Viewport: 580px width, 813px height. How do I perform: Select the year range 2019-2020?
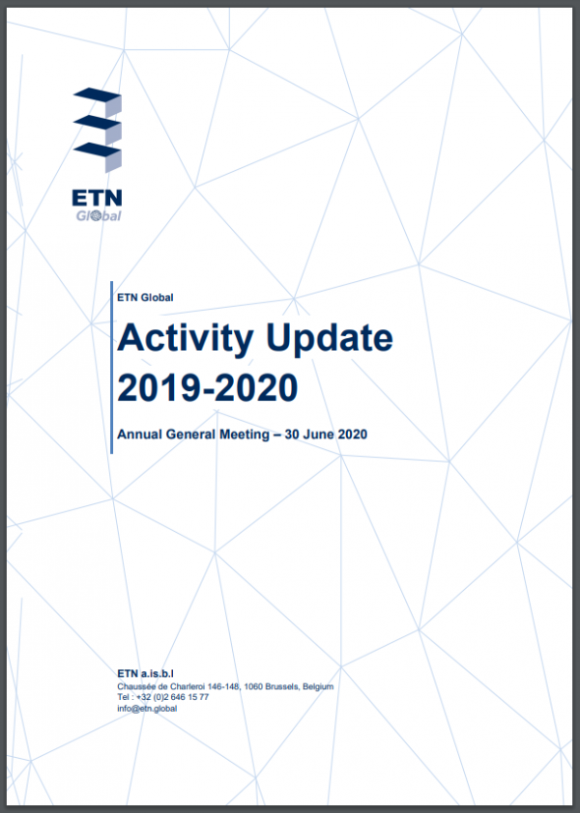point(208,387)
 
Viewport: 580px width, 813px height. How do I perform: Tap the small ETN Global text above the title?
point(145,297)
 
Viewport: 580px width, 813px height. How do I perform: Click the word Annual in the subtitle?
point(139,434)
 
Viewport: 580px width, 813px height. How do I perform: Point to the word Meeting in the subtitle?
point(244,435)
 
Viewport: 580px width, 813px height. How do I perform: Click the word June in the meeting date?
point(319,434)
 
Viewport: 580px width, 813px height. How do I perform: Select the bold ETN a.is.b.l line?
point(145,674)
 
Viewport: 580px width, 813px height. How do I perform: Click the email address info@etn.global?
point(147,709)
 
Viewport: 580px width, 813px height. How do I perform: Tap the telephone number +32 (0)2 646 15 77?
point(172,697)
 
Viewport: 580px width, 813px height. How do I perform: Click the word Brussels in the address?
point(282,687)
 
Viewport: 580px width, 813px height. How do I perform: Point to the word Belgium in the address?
point(318,687)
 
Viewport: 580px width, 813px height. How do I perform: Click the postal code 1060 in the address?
point(253,687)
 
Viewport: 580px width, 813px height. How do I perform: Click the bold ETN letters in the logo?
point(97,198)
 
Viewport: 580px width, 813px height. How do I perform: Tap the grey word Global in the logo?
point(99,215)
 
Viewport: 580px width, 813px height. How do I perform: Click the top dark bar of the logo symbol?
point(97,94)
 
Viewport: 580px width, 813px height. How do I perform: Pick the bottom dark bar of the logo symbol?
point(97,150)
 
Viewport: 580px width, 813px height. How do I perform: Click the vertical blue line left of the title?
point(111,368)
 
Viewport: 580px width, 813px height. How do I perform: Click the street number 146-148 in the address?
point(224,687)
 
